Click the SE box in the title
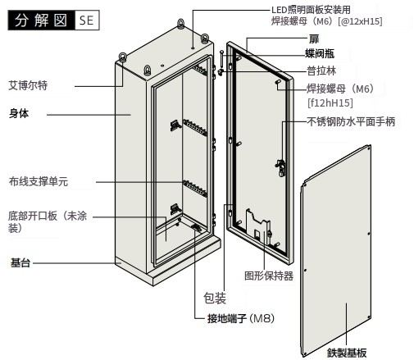(x=86, y=21)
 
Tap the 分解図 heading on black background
(x=41, y=21)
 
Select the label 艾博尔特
(x=28, y=85)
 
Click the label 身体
(x=19, y=113)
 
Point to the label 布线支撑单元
(x=39, y=181)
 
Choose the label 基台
(x=20, y=262)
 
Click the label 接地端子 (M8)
(x=241, y=318)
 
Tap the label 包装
(x=215, y=298)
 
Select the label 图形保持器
(x=269, y=276)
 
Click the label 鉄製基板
(x=347, y=353)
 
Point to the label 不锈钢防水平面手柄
(x=351, y=121)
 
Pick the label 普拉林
(x=321, y=71)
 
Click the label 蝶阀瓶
(x=320, y=53)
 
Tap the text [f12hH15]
(x=330, y=103)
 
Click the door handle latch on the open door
(x=281, y=167)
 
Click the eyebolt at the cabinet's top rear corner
(x=180, y=23)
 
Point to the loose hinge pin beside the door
(x=221, y=61)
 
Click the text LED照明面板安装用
(x=311, y=10)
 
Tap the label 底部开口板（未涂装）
(x=48, y=221)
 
